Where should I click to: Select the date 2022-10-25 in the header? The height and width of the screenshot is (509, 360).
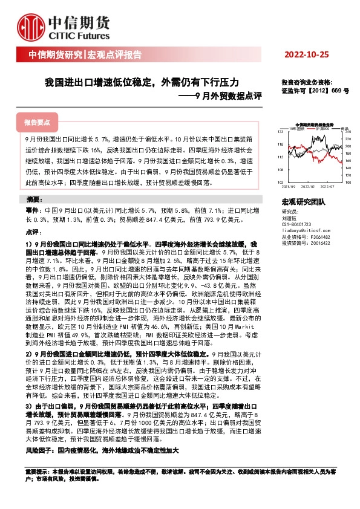coord(308,55)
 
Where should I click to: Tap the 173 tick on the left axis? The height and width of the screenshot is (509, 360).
coord(280,131)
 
